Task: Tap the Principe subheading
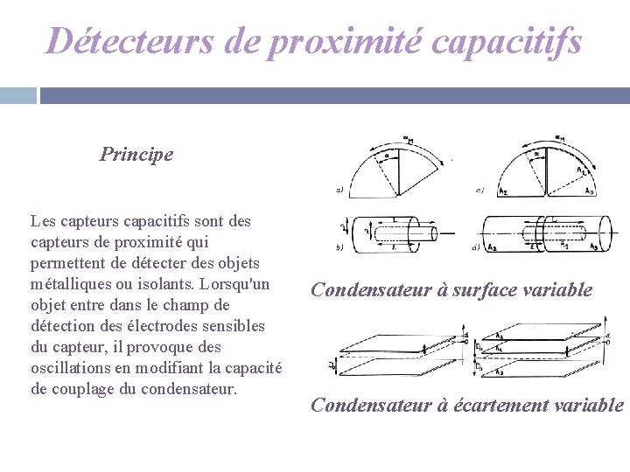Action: (136, 155)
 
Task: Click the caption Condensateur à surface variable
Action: (451, 290)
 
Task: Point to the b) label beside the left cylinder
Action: (339, 248)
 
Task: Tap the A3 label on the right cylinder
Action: (595, 248)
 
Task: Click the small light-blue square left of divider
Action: (17, 95)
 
